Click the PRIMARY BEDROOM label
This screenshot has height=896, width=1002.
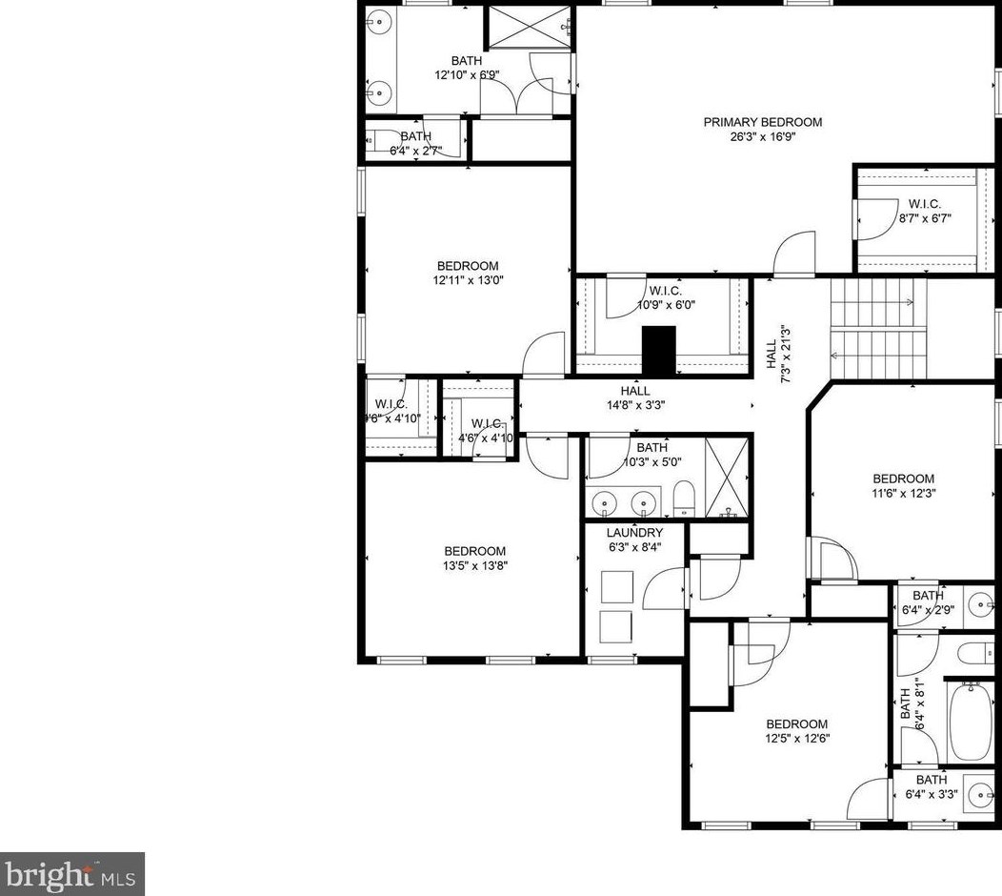pyautogui.click(x=762, y=122)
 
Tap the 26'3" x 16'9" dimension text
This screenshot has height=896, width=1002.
pyautogui.click(x=762, y=136)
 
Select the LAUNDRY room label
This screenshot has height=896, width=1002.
pyautogui.click(x=634, y=533)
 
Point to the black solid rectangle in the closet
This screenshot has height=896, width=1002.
pyautogui.click(x=658, y=350)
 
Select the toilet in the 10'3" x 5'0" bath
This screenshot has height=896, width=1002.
pyautogui.click(x=683, y=497)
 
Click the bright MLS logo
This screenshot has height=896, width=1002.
pyautogui.click(x=71, y=873)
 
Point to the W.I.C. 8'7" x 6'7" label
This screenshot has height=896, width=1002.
pyautogui.click(x=924, y=203)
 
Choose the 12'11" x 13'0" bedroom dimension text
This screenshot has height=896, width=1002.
pyautogui.click(x=468, y=280)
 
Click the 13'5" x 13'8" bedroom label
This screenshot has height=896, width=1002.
pyautogui.click(x=474, y=551)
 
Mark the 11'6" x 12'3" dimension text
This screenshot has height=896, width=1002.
pyautogui.click(x=903, y=493)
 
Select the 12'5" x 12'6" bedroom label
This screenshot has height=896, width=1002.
pyautogui.click(x=796, y=724)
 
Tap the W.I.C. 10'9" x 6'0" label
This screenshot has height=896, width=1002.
pyautogui.click(x=671, y=291)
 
